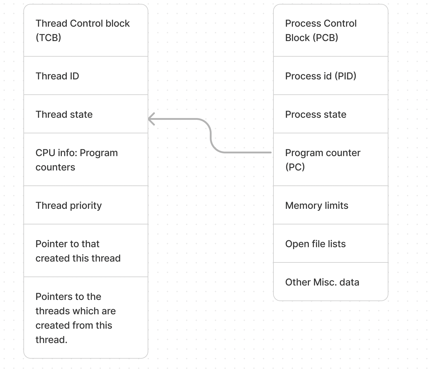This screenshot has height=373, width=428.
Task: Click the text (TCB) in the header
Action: point(48,38)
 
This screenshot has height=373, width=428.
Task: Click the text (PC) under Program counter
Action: point(295,167)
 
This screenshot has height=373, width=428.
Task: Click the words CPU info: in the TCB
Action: point(56,153)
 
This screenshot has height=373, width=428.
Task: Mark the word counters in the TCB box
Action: point(55,167)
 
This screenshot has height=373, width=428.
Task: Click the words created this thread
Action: point(78,258)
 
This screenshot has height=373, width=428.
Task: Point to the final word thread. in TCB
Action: point(51,340)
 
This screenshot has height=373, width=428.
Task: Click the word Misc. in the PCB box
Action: point(324,282)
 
